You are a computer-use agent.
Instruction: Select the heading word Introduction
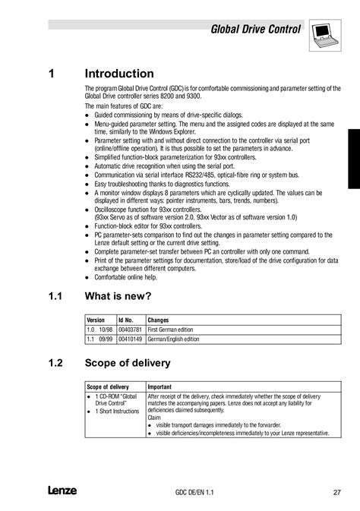tap(119, 74)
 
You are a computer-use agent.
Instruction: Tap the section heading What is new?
tap(118, 295)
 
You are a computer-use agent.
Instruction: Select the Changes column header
tap(158, 320)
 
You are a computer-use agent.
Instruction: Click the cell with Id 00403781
tap(131, 330)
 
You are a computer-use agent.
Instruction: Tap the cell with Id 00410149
tap(131, 339)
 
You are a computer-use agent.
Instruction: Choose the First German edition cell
tap(171, 330)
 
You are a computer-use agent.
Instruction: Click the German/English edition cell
tap(173, 339)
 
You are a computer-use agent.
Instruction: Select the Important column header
tap(160, 386)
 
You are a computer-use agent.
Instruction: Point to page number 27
tap(336, 492)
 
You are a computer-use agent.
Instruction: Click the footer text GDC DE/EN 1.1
tap(194, 493)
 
